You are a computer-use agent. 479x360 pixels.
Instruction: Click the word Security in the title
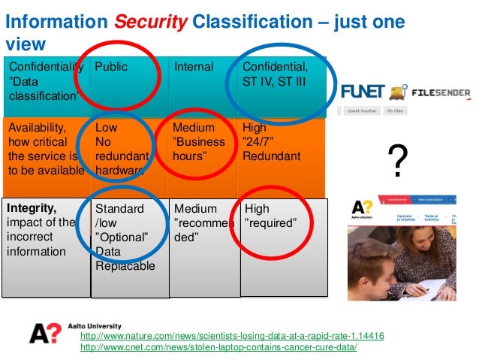coord(149,23)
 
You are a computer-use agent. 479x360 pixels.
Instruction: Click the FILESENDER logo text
coord(441,94)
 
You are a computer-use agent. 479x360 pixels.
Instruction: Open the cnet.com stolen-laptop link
coord(218,348)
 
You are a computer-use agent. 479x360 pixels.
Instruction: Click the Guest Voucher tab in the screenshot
coord(362,110)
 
